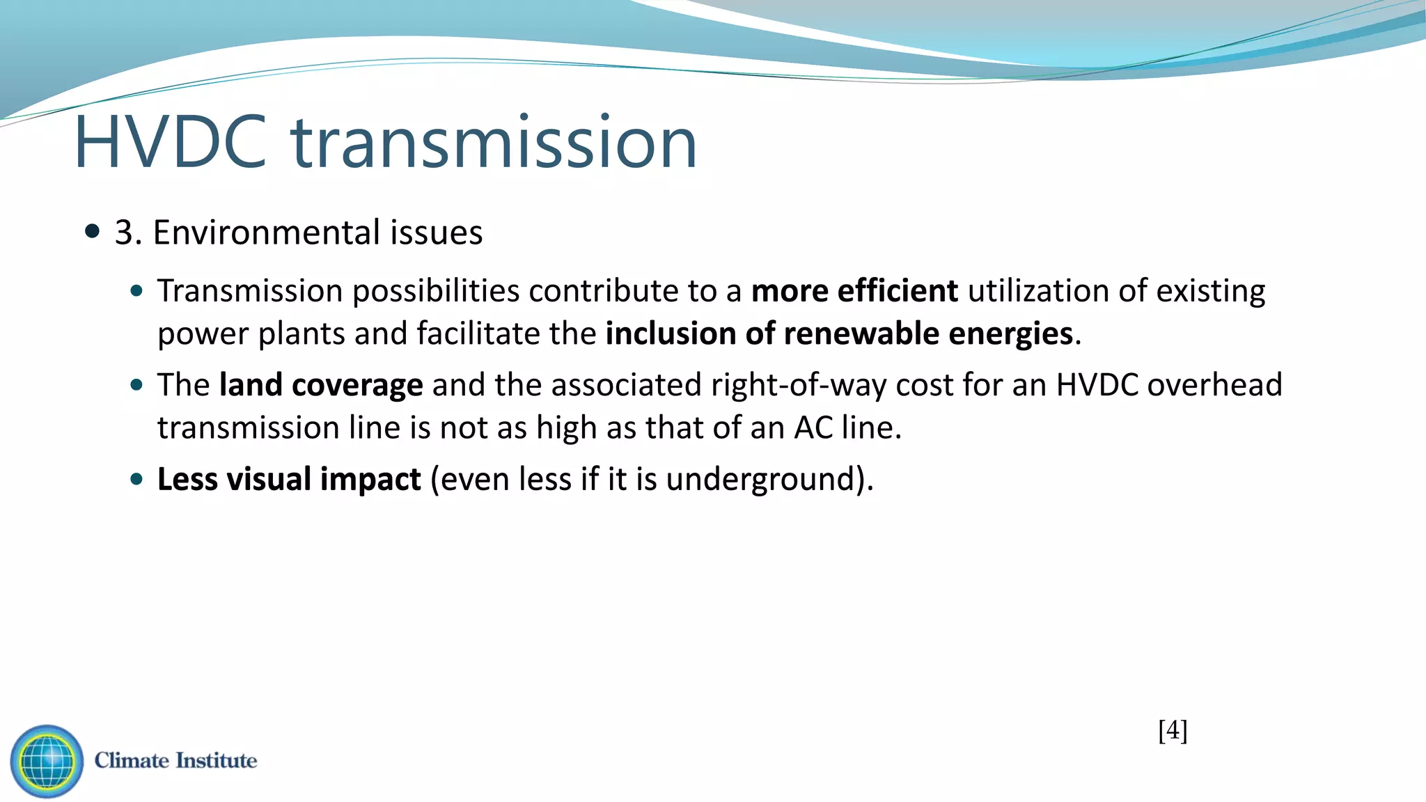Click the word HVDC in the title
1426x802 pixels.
coord(171,143)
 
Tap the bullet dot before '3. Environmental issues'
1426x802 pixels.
coord(92,231)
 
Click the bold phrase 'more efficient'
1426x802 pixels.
coord(854,291)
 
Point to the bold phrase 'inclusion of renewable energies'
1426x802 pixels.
coord(839,334)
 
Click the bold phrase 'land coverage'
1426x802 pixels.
coord(321,385)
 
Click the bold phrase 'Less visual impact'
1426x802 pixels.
coord(289,480)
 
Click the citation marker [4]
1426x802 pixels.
coord(1173,730)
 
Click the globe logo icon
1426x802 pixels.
coord(47,761)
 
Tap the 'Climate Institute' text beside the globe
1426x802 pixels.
coord(175,760)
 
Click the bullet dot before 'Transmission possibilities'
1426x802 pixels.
coord(136,291)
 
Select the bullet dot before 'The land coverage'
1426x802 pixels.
coord(136,385)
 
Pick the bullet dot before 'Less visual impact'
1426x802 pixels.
coord(136,480)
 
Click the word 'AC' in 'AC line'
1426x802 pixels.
coord(813,428)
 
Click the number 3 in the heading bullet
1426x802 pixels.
coord(123,233)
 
